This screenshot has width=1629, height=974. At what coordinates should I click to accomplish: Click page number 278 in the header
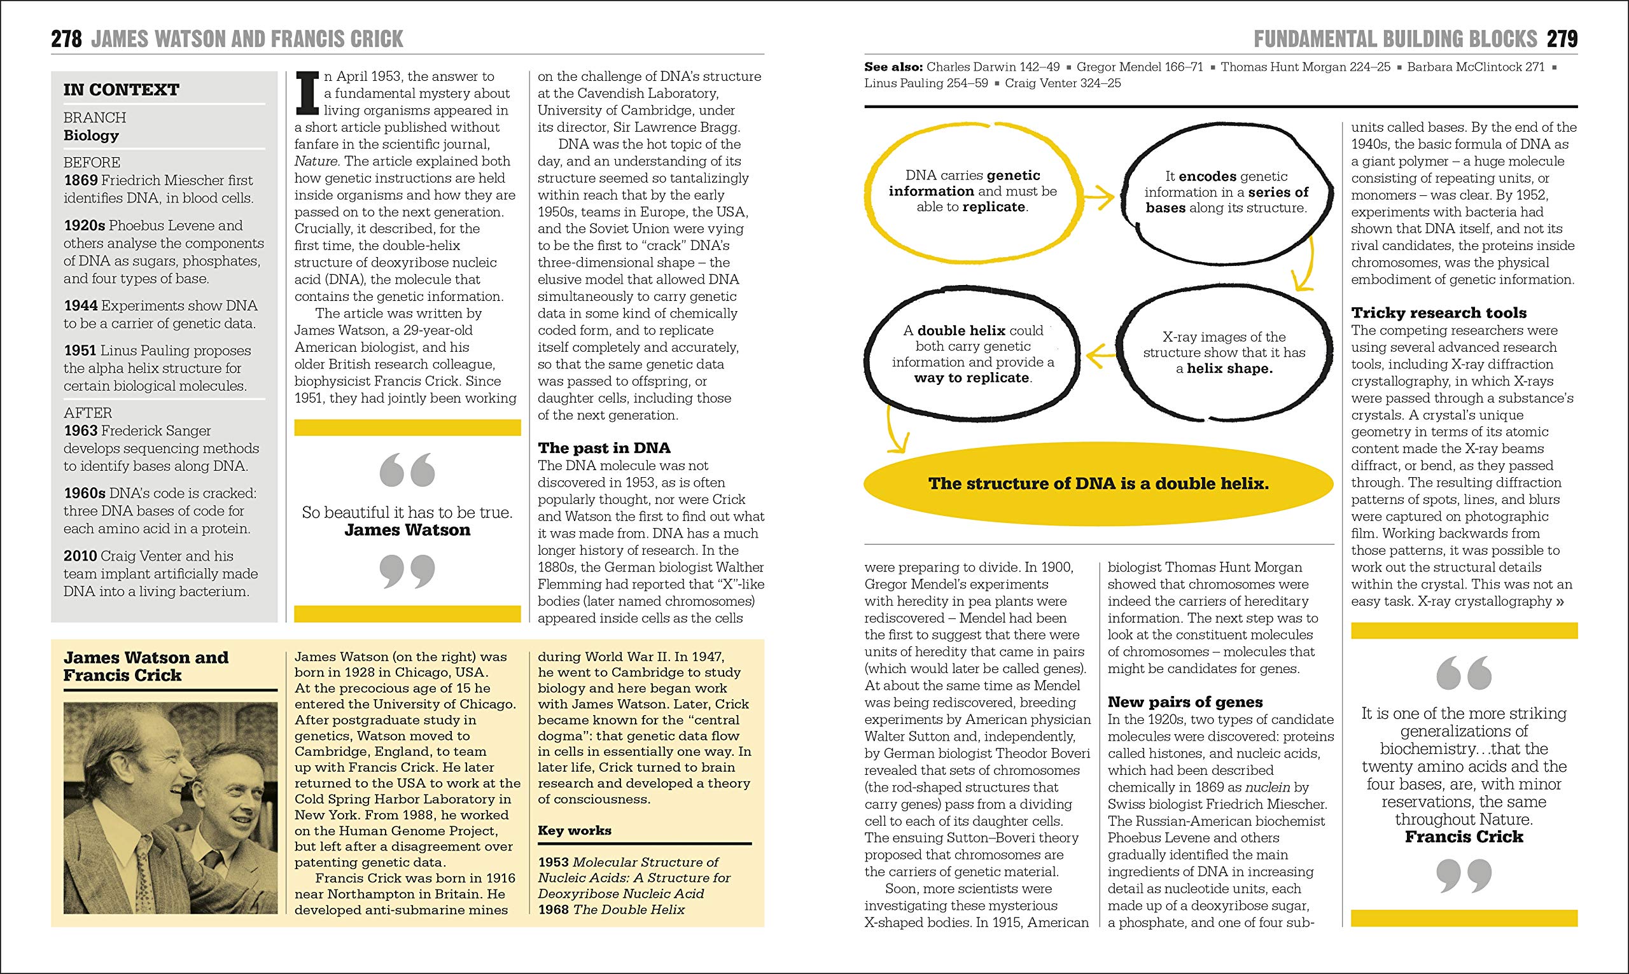66,39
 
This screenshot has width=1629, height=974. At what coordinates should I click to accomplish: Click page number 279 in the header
1562,39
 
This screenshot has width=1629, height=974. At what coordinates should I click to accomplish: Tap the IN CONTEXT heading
122,89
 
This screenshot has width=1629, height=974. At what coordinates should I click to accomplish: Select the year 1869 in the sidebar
81,180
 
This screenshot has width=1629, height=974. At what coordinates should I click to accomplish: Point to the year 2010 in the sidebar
80,555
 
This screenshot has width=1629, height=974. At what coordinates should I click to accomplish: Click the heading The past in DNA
604,448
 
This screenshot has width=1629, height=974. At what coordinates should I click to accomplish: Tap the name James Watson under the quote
407,530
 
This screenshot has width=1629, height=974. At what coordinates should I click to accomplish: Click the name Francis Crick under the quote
1464,836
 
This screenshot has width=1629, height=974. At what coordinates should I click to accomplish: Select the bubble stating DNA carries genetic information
973,191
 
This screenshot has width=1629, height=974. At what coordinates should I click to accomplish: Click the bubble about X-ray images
1224,352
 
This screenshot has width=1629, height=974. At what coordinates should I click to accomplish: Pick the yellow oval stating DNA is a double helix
1098,484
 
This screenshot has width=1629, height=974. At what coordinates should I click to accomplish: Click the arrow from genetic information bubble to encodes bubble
1099,197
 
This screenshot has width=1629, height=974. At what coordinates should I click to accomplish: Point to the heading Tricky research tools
1439,312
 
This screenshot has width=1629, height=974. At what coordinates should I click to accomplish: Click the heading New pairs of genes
1185,702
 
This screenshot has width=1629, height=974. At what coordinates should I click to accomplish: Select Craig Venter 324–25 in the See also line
1063,83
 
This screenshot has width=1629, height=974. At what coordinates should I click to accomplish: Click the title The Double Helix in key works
628,909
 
